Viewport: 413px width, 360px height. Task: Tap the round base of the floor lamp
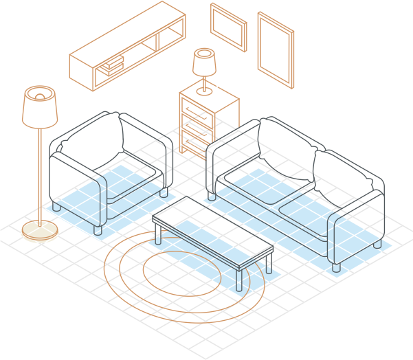[x=40, y=229]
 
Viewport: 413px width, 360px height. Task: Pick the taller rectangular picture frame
[x=275, y=48]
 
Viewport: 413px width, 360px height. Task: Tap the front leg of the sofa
[x=335, y=267]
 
